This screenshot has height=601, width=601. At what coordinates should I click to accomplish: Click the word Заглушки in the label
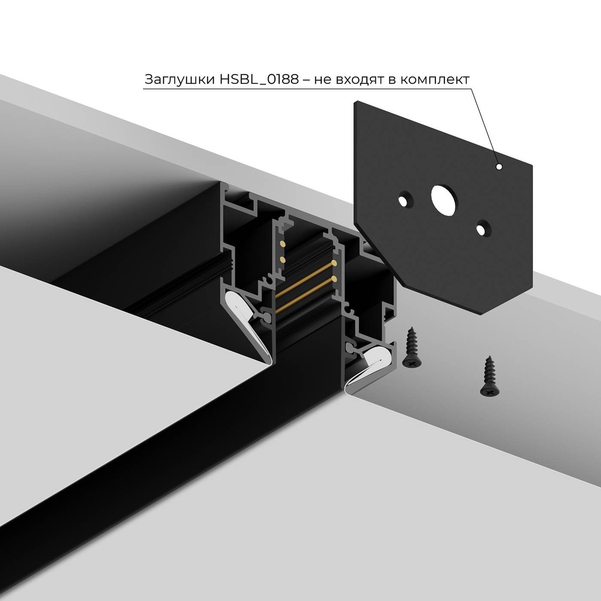pyautogui.click(x=176, y=80)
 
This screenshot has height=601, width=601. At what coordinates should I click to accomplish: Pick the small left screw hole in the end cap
pyautogui.click(x=404, y=200)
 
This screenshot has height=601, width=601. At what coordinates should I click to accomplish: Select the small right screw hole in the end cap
pyautogui.click(x=483, y=227)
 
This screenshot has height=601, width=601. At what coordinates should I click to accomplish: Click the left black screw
pyautogui.click(x=412, y=347)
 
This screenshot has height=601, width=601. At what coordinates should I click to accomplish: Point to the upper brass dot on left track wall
pyautogui.click(x=282, y=244)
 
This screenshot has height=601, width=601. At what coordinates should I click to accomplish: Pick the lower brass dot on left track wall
pyautogui.click(x=282, y=259)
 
